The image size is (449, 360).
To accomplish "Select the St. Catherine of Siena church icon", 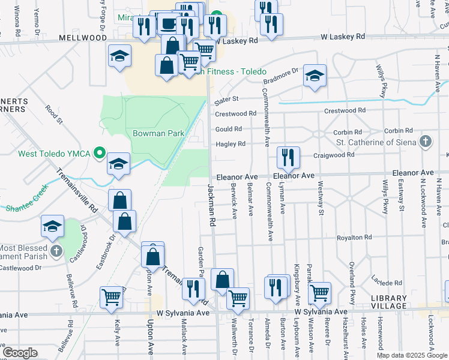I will point(426,142).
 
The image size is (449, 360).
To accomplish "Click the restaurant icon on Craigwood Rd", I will point(288,158).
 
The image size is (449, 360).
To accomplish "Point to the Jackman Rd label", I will point(211,205).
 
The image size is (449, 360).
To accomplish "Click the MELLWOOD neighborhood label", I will point(83,38).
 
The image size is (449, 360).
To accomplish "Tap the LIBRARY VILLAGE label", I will point(388,302).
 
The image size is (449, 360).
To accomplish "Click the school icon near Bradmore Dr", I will point(314,76).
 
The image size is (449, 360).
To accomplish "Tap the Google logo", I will point(20,353).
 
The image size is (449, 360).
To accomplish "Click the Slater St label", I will point(227,98).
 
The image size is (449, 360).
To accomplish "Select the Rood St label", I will point(54,115).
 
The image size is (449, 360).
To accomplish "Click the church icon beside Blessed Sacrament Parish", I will point(56,251).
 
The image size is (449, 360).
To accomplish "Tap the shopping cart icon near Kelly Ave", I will point(112,297).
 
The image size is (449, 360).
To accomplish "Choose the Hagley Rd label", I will point(231,144).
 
